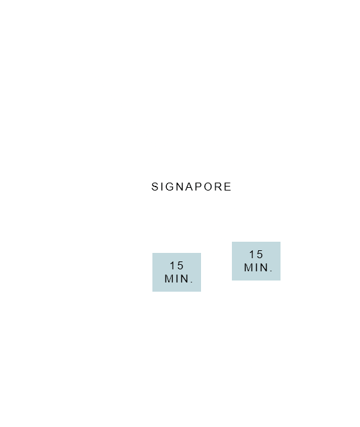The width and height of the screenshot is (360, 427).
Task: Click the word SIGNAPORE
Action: click(x=191, y=187)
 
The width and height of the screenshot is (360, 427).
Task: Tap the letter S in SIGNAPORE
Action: click(x=155, y=187)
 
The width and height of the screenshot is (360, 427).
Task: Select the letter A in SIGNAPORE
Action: click(x=191, y=187)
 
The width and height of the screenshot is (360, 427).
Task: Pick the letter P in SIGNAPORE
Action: click(x=199, y=187)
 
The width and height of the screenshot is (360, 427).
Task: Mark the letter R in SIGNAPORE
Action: click(x=219, y=187)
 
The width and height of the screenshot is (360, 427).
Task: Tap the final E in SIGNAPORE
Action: click(x=228, y=187)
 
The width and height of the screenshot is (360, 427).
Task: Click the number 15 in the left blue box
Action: click(x=177, y=265)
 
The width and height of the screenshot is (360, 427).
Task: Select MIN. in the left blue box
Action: click(x=179, y=279)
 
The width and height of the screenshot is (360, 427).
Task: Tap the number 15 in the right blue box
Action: click(x=256, y=254)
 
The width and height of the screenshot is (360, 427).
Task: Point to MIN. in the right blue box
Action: click(x=258, y=267)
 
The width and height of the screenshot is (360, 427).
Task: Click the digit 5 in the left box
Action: click(x=180, y=265)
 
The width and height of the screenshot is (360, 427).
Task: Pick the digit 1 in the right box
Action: click(x=252, y=254)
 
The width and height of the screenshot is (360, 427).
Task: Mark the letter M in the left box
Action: click(x=169, y=279)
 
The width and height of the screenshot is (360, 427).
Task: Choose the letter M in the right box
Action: click(x=248, y=267)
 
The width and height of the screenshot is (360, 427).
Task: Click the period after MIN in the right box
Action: click(x=271, y=271)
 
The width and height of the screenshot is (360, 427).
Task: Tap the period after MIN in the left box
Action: click(x=192, y=282)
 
